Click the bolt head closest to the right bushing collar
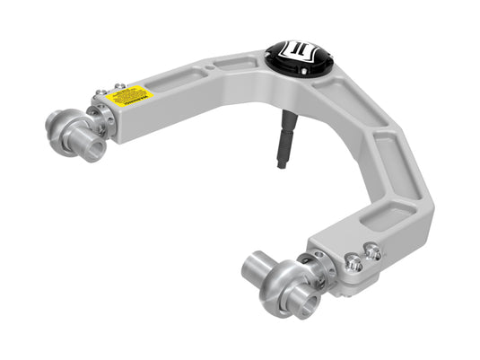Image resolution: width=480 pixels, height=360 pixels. tap(354, 263)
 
